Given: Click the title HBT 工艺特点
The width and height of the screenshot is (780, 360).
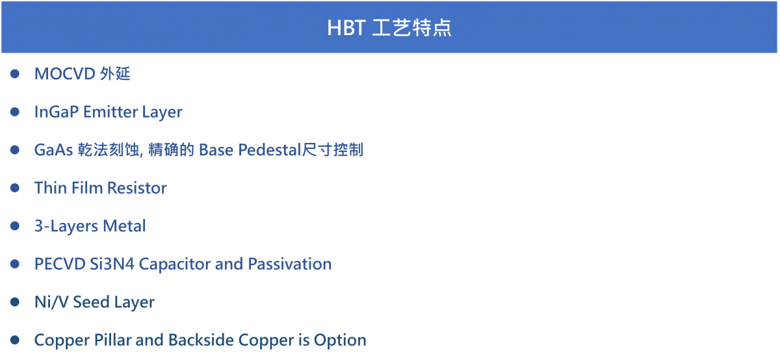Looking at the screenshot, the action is click(x=389, y=27).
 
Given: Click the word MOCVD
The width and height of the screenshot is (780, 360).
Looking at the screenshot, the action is click(x=65, y=74).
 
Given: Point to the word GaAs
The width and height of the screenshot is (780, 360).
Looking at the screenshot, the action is click(x=53, y=150).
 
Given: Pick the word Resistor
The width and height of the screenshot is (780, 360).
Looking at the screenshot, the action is click(x=137, y=188).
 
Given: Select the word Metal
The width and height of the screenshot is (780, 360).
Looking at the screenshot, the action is click(x=124, y=226).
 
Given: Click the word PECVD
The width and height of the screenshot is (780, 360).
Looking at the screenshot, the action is click(x=60, y=264).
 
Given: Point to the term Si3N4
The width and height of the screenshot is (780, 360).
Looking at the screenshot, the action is click(x=112, y=264).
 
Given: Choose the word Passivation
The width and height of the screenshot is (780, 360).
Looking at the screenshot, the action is click(x=289, y=264).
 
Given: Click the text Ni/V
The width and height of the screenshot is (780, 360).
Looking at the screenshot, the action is click(x=51, y=302).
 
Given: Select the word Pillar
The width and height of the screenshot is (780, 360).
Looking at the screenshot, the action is click(x=112, y=340).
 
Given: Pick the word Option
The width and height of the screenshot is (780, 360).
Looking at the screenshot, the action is click(x=340, y=340).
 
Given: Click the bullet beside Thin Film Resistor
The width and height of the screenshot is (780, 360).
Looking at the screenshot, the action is click(x=14, y=188).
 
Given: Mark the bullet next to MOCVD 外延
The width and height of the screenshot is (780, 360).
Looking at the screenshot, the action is click(x=14, y=74).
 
